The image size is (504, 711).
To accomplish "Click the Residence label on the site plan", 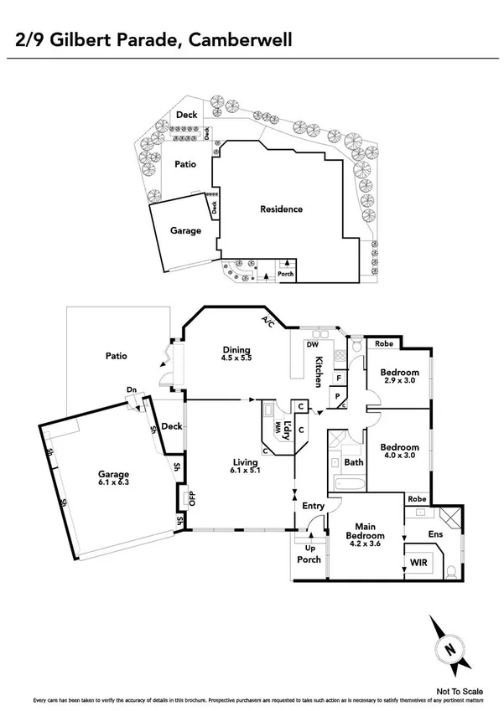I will [x=280, y=209].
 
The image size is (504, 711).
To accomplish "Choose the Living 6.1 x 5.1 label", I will [x=245, y=465].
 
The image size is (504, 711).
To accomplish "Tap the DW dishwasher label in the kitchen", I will [x=312, y=343].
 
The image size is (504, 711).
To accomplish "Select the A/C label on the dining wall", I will [x=268, y=320].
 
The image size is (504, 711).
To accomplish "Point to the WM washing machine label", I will [x=276, y=426].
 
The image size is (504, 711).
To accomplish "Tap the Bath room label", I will [x=352, y=461].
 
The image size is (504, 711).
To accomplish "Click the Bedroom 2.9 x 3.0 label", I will [x=398, y=376].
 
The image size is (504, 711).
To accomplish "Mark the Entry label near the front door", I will [x=313, y=506].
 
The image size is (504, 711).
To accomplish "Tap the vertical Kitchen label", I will [x=319, y=372].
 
